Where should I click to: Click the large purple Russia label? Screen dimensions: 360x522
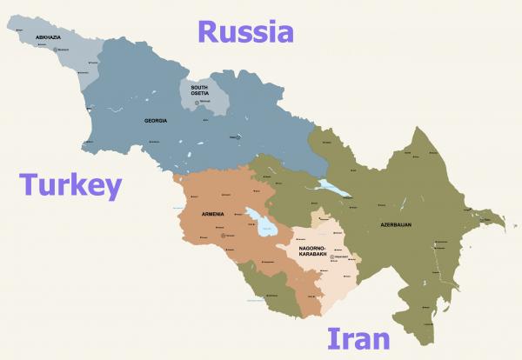244,32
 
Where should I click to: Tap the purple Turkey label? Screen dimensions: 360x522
72,185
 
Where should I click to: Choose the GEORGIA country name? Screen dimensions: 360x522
156,121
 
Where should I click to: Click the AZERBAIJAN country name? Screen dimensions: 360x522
395,225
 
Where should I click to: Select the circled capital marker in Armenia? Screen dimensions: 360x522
224,235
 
